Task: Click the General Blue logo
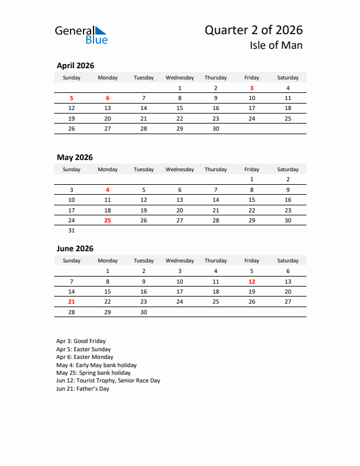[x=81, y=35]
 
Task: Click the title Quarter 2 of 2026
[x=254, y=30]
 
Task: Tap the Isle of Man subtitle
[x=275, y=45]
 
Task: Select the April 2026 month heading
[x=75, y=66]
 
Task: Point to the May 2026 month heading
[x=75, y=158]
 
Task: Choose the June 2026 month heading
[x=75, y=249]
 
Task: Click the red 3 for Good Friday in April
[x=252, y=88]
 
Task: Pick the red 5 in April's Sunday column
[x=72, y=98]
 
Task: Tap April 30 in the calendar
[x=216, y=128]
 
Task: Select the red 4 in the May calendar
[x=108, y=190]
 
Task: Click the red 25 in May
[x=108, y=220]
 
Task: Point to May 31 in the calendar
[x=72, y=231]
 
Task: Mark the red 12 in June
[x=252, y=281]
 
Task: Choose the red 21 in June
[x=72, y=301]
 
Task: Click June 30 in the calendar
[x=144, y=312]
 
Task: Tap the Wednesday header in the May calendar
[x=179, y=169]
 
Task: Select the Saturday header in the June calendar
[x=288, y=261]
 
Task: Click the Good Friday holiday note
[x=81, y=341]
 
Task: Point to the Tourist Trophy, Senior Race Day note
[x=108, y=381]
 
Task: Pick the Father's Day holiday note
[x=83, y=388]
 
